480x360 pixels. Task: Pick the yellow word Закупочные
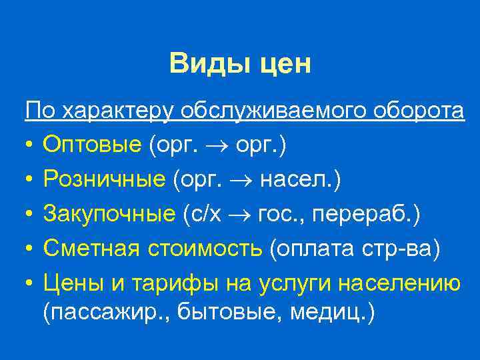coord(109,214)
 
